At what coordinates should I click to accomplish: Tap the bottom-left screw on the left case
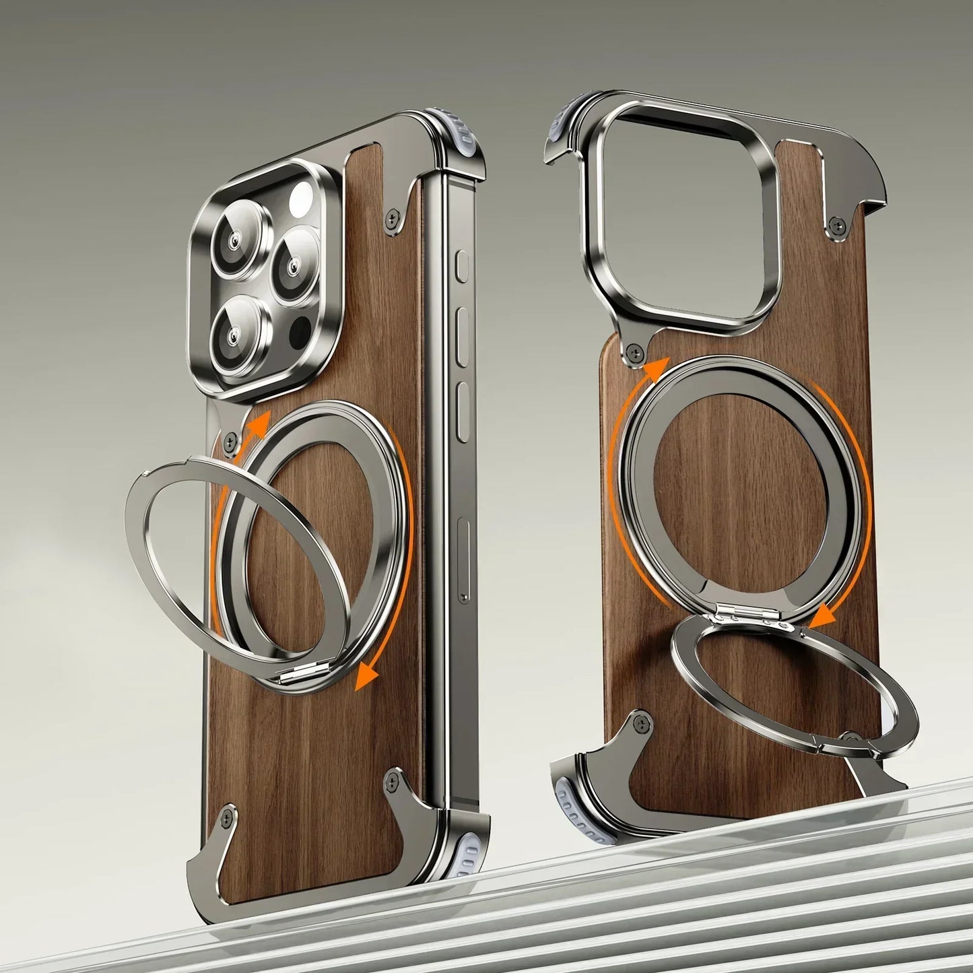click(x=226, y=815)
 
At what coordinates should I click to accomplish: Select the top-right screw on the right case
click(x=835, y=223)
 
